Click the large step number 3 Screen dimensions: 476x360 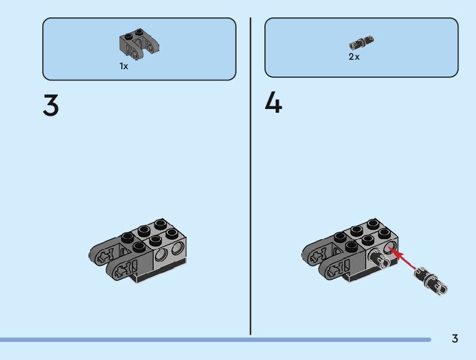51,105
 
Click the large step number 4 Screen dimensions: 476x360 273,103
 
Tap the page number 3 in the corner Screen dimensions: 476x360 455,339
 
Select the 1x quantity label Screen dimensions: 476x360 124,66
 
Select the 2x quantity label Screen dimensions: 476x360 353,57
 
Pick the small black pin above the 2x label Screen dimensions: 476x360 362,43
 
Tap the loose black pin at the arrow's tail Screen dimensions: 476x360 432,278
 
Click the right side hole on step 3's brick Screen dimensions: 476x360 178,250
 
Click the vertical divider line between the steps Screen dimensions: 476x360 250,174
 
